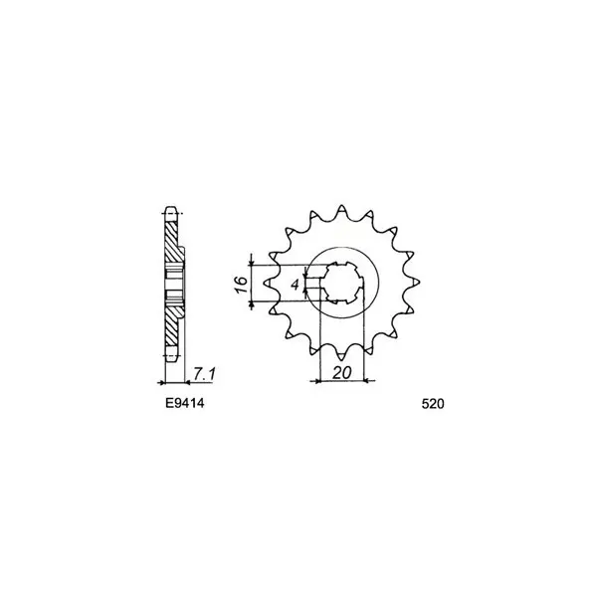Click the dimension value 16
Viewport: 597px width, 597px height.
[241, 284]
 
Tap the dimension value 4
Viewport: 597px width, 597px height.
[296, 285]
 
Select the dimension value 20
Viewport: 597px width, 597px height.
[342, 373]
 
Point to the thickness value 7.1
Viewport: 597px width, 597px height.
[204, 374]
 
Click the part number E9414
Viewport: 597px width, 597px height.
[185, 403]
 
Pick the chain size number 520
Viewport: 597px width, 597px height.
[433, 404]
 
